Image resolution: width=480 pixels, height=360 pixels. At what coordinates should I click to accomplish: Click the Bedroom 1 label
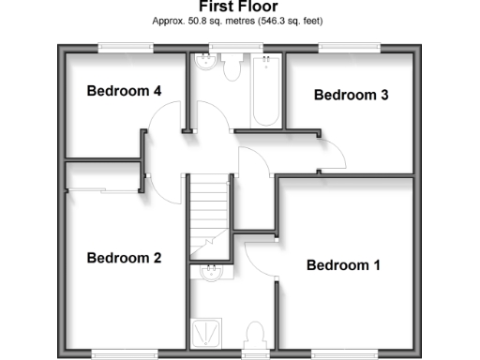click(x=343, y=265)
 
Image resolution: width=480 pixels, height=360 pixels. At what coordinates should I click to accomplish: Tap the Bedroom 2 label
click(x=125, y=258)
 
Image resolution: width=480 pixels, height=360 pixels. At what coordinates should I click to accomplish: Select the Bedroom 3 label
click(x=351, y=95)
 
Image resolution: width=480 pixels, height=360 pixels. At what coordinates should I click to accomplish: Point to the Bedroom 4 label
click(x=125, y=91)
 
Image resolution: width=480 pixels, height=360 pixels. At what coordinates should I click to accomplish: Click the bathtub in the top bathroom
click(x=266, y=90)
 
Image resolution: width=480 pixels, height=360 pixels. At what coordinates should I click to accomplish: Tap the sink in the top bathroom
click(x=204, y=64)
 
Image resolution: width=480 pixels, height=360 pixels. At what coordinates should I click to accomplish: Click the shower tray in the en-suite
click(x=204, y=331)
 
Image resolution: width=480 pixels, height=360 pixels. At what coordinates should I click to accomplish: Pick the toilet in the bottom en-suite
click(x=254, y=334)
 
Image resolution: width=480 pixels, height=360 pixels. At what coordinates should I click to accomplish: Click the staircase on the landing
click(x=208, y=211)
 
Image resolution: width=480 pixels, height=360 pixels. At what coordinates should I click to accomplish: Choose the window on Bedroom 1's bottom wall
click(x=338, y=354)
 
